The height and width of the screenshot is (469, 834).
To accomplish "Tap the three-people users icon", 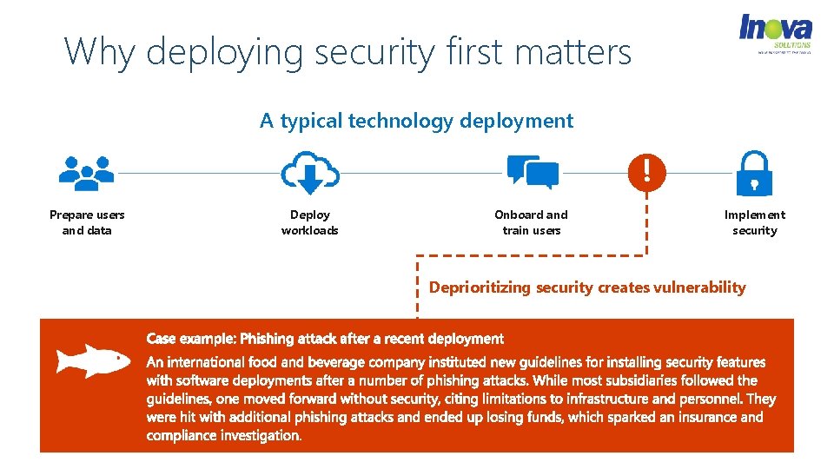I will (x=87, y=173).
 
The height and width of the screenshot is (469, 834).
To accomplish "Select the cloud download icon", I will (x=309, y=171).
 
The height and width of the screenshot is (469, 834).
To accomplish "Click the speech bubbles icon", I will (x=533, y=171).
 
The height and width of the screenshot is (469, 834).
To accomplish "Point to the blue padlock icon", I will (x=754, y=173).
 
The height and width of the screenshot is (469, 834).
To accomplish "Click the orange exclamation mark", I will (x=645, y=170).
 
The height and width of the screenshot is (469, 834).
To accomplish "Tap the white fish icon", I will (x=93, y=360).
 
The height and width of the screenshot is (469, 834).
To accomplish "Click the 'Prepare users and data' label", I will (x=87, y=222).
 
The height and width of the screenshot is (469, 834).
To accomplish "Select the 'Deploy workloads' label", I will (x=310, y=222).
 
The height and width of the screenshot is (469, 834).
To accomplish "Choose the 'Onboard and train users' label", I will (x=531, y=222).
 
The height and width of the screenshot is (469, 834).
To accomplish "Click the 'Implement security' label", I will (x=754, y=222).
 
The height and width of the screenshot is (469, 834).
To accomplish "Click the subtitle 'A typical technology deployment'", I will (x=416, y=121).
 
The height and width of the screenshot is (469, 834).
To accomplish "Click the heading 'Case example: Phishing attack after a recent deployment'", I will (x=325, y=339).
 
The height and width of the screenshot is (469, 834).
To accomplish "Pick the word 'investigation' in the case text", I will (x=259, y=435).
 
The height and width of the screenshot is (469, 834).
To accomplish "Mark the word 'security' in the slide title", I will (x=374, y=52).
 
